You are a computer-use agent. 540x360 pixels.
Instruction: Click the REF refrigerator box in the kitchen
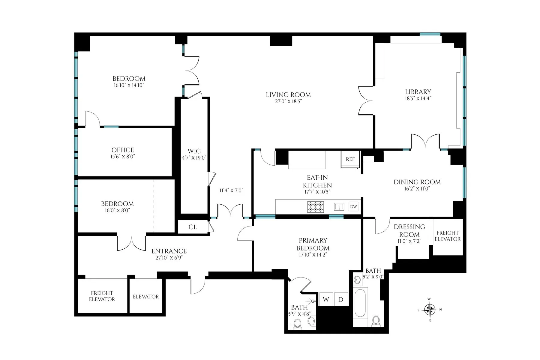[x=350, y=159]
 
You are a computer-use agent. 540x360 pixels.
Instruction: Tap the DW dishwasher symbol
[x=354, y=207]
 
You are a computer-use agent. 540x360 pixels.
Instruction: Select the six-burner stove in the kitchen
[x=316, y=207]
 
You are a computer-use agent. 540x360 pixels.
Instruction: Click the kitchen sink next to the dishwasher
[x=339, y=207]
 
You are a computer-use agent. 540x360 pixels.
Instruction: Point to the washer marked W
[x=326, y=299]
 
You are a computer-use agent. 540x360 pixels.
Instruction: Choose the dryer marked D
[x=341, y=299]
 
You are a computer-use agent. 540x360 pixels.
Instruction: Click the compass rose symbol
[x=430, y=310]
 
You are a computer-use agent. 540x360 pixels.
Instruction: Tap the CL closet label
[x=193, y=227]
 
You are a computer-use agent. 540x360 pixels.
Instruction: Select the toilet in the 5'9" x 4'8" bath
[x=298, y=324]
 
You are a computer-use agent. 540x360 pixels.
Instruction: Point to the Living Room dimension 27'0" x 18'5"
[x=288, y=101]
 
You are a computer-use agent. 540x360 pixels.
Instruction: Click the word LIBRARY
[x=418, y=92]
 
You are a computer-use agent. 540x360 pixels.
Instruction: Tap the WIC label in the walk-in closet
[x=194, y=151]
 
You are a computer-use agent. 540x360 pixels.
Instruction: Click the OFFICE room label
[x=123, y=150]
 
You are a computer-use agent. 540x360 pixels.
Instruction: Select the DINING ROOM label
[x=417, y=182]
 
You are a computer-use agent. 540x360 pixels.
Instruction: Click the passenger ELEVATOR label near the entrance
[x=146, y=296]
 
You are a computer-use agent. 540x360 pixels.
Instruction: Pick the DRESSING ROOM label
[x=409, y=230]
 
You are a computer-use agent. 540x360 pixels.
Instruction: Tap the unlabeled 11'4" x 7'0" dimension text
[x=231, y=190]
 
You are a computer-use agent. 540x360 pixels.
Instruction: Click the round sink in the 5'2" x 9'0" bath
[x=357, y=280]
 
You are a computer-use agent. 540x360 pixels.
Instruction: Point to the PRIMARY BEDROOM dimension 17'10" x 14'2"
[x=313, y=255]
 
